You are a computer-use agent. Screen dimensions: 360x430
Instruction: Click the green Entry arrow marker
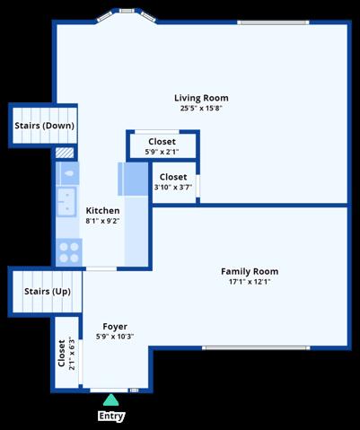click(x=110, y=400)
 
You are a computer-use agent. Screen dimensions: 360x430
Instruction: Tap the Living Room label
click(x=201, y=98)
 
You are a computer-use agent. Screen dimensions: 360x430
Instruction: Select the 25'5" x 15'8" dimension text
click(x=201, y=108)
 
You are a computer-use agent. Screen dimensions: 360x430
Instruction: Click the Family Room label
click(x=250, y=271)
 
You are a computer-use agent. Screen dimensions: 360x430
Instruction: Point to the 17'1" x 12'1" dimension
click(x=250, y=282)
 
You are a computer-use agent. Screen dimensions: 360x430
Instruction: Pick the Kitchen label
click(x=102, y=210)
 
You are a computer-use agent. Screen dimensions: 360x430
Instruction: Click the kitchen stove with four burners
click(x=69, y=252)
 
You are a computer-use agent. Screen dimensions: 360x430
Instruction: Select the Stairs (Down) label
click(x=45, y=126)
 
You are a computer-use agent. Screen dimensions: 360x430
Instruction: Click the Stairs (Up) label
click(x=48, y=291)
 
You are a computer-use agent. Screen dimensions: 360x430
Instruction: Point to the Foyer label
click(x=115, y=326)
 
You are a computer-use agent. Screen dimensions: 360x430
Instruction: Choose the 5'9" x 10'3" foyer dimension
click(x=115, y=337)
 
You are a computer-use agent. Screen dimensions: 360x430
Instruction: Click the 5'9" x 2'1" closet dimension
click(x=162, y=152)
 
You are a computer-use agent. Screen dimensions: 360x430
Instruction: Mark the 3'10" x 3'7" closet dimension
click(x=173, y=188)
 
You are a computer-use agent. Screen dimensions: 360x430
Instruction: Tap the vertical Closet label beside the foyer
click(x=61, y=353)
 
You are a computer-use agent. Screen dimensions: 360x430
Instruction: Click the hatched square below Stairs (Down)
click(x=65, y=153)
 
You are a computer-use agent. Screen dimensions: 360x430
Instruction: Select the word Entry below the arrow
click(x=111, y=416)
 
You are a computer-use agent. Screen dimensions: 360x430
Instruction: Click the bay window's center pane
click(x=127, y=11)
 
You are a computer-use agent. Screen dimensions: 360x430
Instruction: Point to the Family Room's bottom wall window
click(x=256, y=347)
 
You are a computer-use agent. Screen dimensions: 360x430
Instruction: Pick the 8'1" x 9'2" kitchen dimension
click(x=102, y=221)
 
